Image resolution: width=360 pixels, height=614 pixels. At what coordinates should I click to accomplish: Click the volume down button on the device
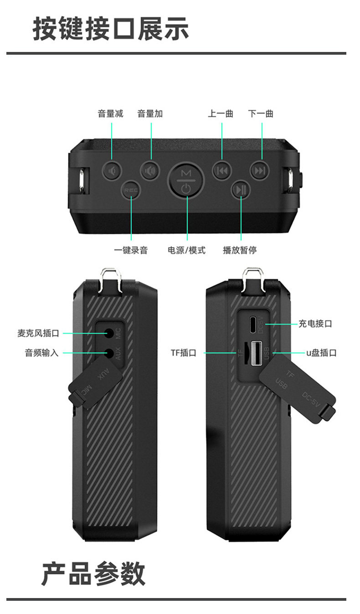[x=111, y=171]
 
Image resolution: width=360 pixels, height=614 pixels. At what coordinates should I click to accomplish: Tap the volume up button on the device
[x=150, y=171]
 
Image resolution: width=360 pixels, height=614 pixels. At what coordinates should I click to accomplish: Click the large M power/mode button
[x=186, y=179]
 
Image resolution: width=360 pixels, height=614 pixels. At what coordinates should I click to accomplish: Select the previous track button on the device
[x=222, y=171]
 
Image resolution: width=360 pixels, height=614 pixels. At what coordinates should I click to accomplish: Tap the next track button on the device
[x=260, y=171]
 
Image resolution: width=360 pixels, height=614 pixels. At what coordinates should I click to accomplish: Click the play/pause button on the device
[x=241, y=189]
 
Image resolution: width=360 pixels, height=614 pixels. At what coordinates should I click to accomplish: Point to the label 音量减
[x=110, y=114]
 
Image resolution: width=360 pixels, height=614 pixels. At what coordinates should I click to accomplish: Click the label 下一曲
[x=261, y=114]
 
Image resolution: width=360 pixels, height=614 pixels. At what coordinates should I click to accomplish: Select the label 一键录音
[x=131, y=250]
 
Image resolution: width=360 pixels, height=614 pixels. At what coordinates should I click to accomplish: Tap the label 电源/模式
[x=187, y=250]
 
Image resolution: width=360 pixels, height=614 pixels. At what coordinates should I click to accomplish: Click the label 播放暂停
[x=240, y=250]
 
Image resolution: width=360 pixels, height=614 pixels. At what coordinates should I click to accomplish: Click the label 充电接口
[x=315, y=324]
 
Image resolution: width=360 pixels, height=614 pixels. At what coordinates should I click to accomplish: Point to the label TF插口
[x=183, y=352]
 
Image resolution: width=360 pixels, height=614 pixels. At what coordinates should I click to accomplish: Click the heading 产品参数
[x=93, y=574]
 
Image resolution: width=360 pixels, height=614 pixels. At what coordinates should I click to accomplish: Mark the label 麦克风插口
[x=38, y=334]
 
